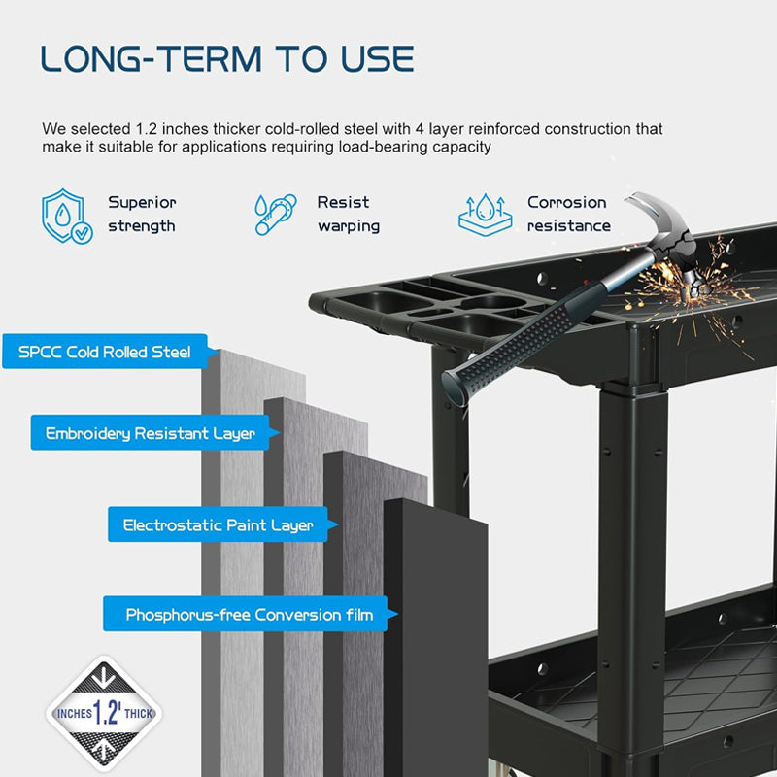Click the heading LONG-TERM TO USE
coord(227,58)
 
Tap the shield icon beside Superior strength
coord(66,216)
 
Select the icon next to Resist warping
coord(275,215)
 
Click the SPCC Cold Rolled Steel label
coord(104,352)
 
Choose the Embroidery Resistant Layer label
coord(150,433)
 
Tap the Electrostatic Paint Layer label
coord(218,525)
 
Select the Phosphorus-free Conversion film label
coord(249,615)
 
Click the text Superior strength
coord(142,215)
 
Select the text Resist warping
coord(348,215)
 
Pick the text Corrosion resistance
coord(568,215)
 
